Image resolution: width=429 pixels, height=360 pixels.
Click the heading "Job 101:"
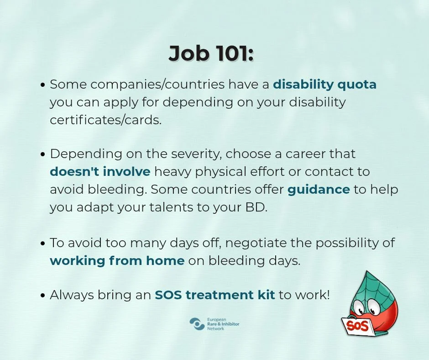point(211,53)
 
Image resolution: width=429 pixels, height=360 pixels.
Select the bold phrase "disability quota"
point(325,84)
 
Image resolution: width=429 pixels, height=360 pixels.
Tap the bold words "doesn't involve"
point(100,171)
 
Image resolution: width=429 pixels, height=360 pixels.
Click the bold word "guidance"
point(319,190)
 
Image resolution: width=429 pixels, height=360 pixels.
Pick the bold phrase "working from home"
point(117,260)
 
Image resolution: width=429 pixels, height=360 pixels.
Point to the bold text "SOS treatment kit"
point(215,295)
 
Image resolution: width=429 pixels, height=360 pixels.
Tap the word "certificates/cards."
point(105,120)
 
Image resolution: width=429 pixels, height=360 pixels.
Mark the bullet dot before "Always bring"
point(42,296)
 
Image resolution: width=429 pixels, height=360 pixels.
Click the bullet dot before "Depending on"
point(42,154)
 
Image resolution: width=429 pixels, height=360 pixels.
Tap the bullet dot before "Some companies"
point(42,85)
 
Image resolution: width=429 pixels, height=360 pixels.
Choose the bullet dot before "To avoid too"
point(42,244)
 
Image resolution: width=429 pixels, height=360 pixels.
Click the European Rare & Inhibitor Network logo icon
point(197,324)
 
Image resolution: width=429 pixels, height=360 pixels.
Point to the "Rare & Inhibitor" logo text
point(223,324)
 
